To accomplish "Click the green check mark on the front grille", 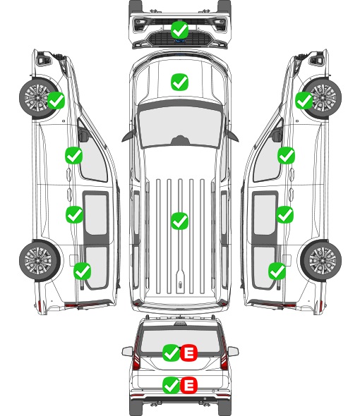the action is [179, 30].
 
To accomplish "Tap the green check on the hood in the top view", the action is [179, 82].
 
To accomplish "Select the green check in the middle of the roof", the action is [179, 221].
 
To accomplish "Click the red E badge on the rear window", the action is [188, 353].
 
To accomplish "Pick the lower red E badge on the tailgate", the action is [188, 385].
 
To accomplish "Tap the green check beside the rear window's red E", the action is [171, 353].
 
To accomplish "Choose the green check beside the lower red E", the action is [171, 385].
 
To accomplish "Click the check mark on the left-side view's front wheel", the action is [56, 100].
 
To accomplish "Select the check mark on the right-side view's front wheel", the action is [304, 100].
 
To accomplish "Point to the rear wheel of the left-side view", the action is [40, 260].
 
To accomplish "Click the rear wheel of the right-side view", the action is [320, 260].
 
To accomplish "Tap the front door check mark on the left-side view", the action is [74, 155].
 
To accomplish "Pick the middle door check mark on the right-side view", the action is [284, 214].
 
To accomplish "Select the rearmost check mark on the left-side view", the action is [83, 271].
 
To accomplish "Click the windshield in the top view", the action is [180, 126].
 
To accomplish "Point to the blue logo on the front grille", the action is [179, 41].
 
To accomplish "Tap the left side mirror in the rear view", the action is [128, 351].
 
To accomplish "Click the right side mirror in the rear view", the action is [233, 351].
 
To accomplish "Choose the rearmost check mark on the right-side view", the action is [277, 271].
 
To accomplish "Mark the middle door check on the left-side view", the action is [74, 214].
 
